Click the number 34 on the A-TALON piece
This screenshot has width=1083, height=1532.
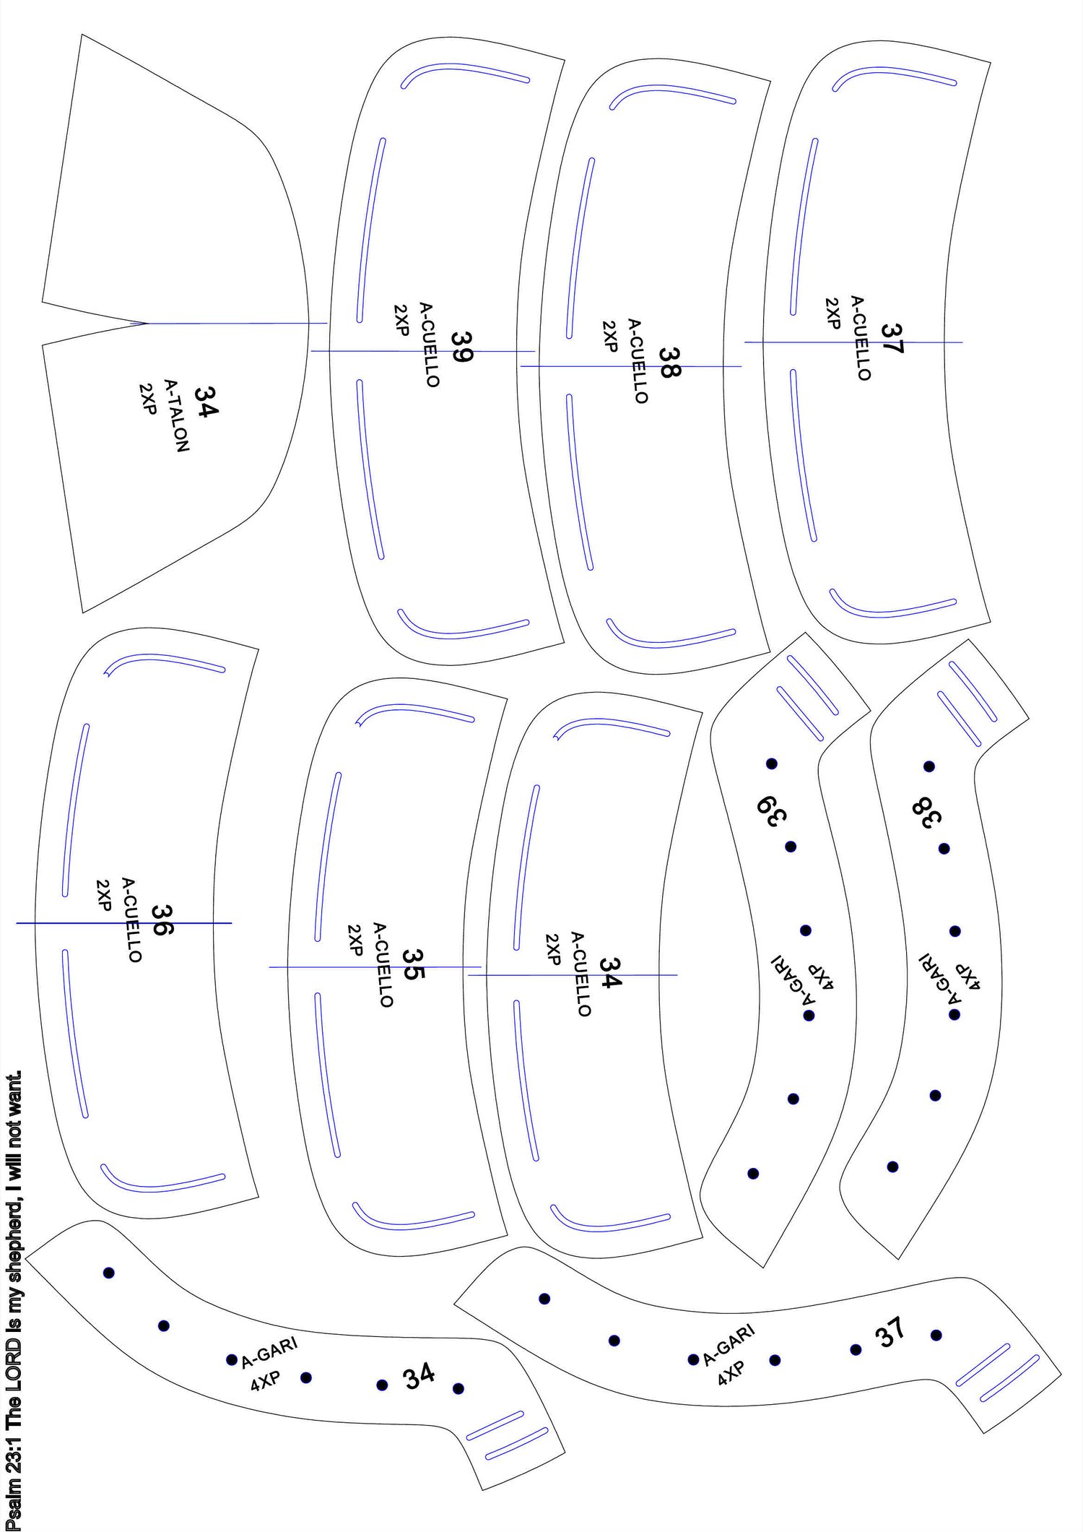pos(206,402)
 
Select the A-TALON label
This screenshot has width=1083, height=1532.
pos(177,415)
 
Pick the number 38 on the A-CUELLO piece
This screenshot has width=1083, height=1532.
pos(669,363)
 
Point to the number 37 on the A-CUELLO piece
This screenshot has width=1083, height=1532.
pos(892,338)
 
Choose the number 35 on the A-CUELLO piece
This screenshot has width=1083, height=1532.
pos(412,964)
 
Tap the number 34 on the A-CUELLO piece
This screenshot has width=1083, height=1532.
pos(610,973)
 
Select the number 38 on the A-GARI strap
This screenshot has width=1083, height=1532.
pos(927,813)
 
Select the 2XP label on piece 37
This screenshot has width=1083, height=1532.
pos(832,312)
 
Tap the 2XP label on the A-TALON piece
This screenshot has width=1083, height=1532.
pos(147,399)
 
